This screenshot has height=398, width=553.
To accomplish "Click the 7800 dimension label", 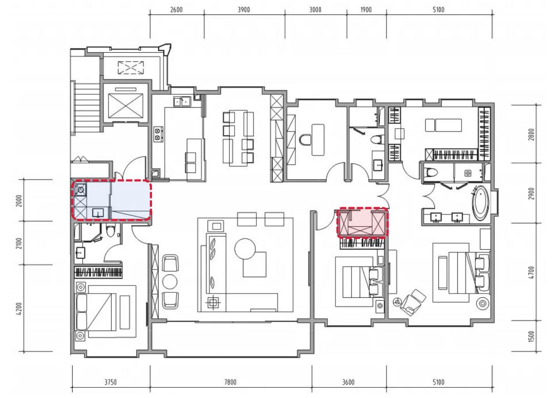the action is click(230, 382).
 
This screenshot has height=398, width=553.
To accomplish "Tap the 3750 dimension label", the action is click(111, 382).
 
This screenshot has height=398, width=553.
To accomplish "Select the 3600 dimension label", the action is click(349, 382).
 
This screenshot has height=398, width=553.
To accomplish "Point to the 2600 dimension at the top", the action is click(176, 10).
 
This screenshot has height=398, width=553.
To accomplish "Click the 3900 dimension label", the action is click(244, 10).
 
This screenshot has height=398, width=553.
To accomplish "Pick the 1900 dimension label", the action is click(366, 10).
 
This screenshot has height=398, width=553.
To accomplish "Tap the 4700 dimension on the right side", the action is click(531, 272).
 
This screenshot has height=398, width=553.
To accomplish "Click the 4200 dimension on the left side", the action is click(19, 309).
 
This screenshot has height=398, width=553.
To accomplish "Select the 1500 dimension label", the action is click(531, 337).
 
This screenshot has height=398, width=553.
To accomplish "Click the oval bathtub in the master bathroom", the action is click(481, 204).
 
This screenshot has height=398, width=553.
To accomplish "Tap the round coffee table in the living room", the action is click(245, 249).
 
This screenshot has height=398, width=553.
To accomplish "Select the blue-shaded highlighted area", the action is click(112, 200).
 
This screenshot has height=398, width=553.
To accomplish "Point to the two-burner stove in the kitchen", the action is click(158, 134).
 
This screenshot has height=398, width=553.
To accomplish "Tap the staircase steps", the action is click(86, 108).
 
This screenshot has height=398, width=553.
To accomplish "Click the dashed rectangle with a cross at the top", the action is click(131, 68).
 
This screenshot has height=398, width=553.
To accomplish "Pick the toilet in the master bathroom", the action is click(430, 173).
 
